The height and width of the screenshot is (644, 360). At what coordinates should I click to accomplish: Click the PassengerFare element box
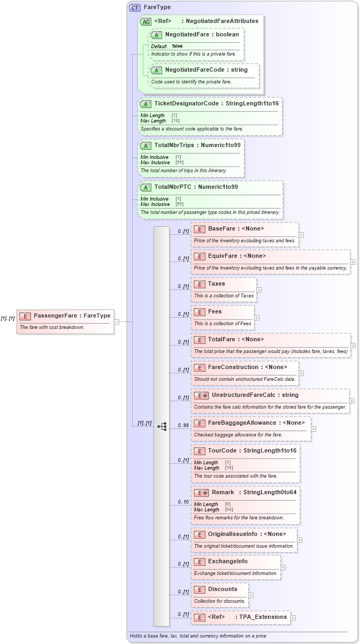(65, 321)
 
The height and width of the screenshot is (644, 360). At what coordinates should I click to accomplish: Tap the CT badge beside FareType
(135, 7)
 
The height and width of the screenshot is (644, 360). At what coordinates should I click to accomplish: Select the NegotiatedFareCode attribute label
(206, 70)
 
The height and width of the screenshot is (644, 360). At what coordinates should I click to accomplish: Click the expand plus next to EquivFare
(354, 262)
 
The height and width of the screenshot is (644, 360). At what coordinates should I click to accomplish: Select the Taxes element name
(217, 283)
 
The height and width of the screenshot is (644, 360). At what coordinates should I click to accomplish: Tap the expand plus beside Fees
(257, 318)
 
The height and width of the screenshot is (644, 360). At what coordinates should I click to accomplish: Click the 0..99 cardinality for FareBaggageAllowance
(183, 426)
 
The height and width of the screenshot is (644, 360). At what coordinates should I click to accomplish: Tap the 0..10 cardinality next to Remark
(183, 502)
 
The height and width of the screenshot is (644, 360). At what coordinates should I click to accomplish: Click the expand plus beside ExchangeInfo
(283, 568)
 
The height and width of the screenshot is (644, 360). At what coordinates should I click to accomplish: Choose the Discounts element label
(223, 589)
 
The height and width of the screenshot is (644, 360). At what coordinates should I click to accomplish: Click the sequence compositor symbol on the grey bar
(162, 426)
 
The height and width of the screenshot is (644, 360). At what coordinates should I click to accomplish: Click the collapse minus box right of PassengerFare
(117, 321)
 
